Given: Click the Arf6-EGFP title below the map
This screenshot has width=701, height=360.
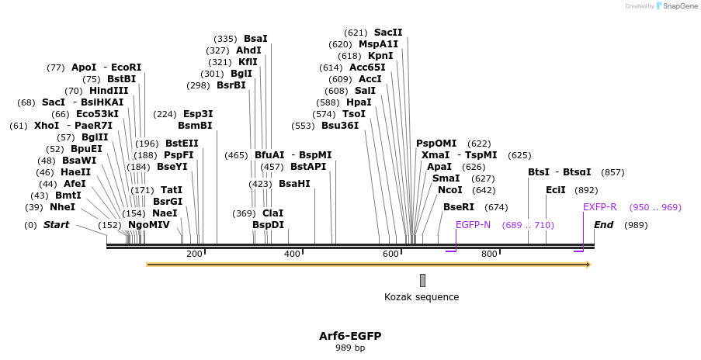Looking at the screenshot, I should pos(349,336).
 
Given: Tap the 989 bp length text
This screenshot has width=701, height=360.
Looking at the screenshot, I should pos(349,348).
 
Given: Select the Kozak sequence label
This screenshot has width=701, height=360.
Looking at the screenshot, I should pos(422,297).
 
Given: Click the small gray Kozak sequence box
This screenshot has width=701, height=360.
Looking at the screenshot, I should pos(422,280).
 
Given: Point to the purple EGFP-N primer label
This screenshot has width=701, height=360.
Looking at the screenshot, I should pos(473,225).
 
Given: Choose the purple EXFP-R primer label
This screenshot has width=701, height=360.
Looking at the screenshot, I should pos(599,207).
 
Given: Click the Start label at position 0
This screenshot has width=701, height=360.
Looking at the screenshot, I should pos(56,225).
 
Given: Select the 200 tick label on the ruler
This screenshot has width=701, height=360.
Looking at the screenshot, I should pos(194,254).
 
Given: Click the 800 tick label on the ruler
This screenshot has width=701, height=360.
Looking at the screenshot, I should pos(489,254).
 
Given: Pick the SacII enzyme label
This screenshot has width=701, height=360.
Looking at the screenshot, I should pos(388,33).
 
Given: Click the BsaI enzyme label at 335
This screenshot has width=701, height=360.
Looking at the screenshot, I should pos(255,38).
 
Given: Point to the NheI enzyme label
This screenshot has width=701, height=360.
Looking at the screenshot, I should pos(62,207).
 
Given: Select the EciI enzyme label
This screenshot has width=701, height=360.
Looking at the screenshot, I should pos(555,190).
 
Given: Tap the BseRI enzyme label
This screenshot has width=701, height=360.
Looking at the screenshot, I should pos(458,207).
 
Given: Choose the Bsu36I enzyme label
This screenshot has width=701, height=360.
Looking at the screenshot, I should pos(340,126).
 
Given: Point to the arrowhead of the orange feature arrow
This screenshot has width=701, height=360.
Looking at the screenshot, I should pos(588,265).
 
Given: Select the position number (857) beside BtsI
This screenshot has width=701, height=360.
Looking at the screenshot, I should pos(613,172).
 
